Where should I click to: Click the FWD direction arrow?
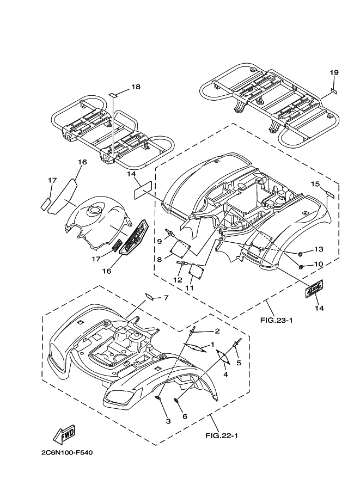click(x=64, y=435)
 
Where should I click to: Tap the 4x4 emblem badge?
click(x=314, y=289)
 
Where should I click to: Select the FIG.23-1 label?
click(x=276, y=320)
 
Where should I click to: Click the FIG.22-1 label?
click(x=222, y=435)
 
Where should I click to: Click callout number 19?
click(x=334, y=72)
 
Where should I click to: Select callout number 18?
click(x=136, y=87)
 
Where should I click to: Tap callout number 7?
click(x=166, y=298)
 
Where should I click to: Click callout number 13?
click(x=319, y=249)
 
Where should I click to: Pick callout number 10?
click(x=319, y=263)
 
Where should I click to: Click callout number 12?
click(x=178, y=280)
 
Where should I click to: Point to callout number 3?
click(x=168, y=421)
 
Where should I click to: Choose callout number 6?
click(x=185, y=416)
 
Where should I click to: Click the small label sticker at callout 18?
click(x=113, y=95)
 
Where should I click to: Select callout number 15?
click(x=315, y=184)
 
